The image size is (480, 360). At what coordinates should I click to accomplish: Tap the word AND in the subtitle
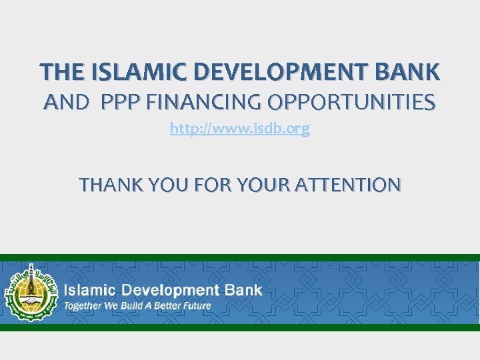pyautogui.click(x=66, y=103)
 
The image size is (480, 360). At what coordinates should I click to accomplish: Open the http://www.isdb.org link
pyautogui.click(x=240, y=129)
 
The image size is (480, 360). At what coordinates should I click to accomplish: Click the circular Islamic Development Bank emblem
pyautogui.click(x=29, y=292)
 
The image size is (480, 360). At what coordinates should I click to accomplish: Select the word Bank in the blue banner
pyautogui.click(x=245, y=291)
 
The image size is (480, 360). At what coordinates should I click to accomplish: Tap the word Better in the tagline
pyautogui.click(x=167, y=307)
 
